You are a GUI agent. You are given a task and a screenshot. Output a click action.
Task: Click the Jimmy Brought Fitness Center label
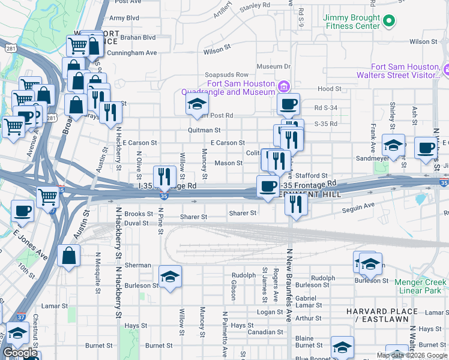click(x=351, y=22)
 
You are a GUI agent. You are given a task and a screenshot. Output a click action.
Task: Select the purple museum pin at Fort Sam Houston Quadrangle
click(x=283, y=88)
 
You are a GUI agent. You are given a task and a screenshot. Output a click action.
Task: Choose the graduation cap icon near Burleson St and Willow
click(x=170, y=277)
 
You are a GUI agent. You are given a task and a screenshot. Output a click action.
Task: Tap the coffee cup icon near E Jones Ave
click(x=23, y=211)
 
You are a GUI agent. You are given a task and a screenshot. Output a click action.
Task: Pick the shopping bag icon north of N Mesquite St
click(x=69, y=256)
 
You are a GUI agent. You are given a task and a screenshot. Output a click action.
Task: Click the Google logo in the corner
click(x=20, y=353)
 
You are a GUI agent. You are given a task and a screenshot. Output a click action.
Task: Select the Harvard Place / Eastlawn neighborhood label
click(x=382, y=316)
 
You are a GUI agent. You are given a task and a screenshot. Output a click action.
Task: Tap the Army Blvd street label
click(x=124, y=18)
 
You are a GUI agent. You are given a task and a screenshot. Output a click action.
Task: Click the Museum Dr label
click(x=274, y=66)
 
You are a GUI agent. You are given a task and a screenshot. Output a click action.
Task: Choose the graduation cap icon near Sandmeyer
click(x=394, y=146)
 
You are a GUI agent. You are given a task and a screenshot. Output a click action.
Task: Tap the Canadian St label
click(x=261, y=332)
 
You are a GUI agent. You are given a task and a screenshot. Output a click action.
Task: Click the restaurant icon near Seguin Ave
click(x=296, y=204)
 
